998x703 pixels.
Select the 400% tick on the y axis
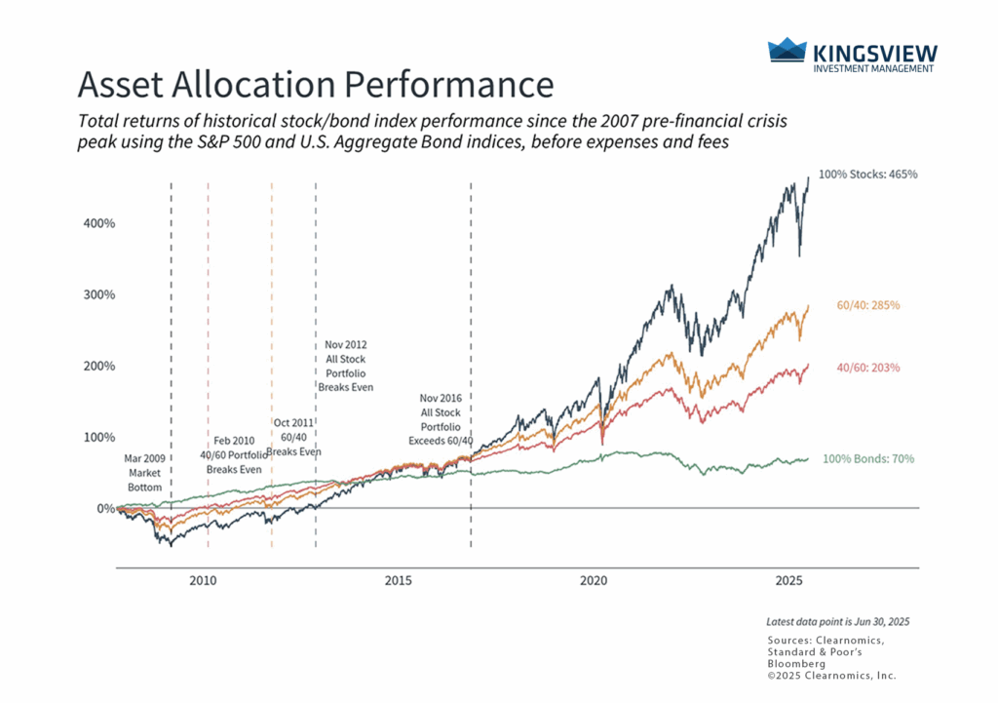tap(96, 223)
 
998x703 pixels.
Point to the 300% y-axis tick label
tap(96, 294)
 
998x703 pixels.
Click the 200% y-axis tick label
tap(96, 367)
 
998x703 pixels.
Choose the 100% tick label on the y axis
tap(96, 438)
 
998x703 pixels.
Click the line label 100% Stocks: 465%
tap(868, 175)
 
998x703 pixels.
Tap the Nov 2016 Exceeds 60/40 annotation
tap(440, 420)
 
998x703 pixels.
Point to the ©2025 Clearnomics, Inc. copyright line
tap(831, 676)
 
